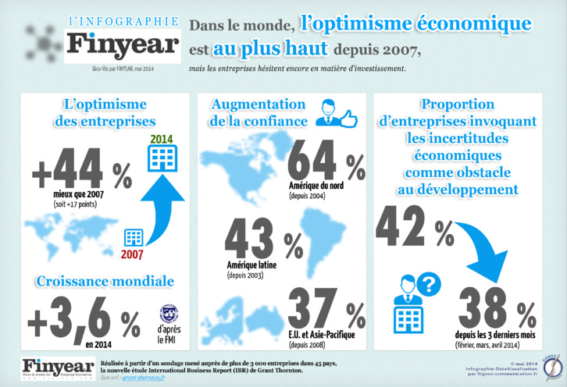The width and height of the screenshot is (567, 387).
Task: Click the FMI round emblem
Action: click(x=168, y=314)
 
